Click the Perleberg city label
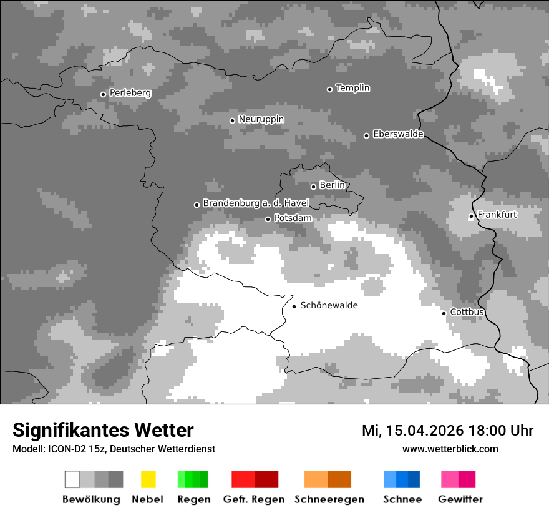pyautogui.click(x=130, y=93)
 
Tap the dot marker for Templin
pyautogui.click(x=329, y=89)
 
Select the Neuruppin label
pyautogui.click(x=261, y=119)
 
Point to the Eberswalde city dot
pyautogui.click(x=366, y=135)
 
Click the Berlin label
pyautogui.click(x=332, y=185)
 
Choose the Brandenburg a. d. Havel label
pyautogui.click(x=256, y=203)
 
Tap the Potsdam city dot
pyautogui.click(x=268, y=219)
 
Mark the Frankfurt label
pyautogui.click(x=497, y=215)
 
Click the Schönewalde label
pyautogui.click(x=329, y=306)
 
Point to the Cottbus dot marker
pyautogui.click(x=444, y=313)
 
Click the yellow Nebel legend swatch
pyautogui.click(x=148, y=479)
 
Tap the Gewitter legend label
pyautogui.click(x=460, y=499)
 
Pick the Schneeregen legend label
pyautogui.click(x=329, y=499)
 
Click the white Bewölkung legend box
pyautogui.click(x=72, y=479)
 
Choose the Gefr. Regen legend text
pyautogui.click(x=253, y=499)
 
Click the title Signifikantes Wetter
pyautogui.click(x=103, y=431)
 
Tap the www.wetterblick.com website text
pyautogui.click(x=450, y=449)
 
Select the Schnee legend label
pyautogui.click(x=402, y=499)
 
